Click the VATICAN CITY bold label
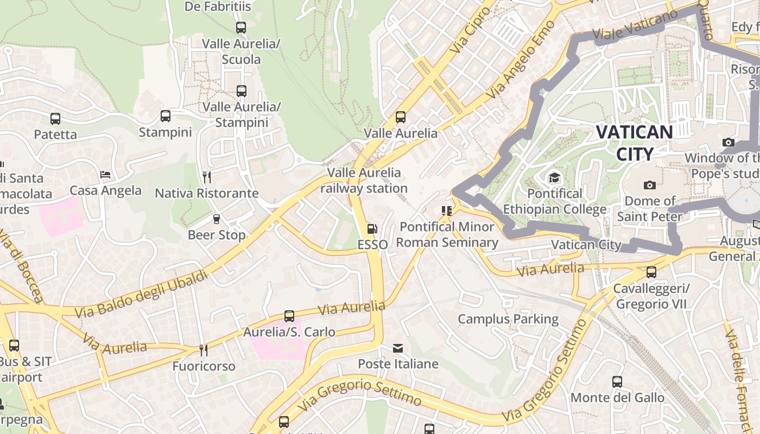pos(634,143)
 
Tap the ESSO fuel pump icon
pos(372,229)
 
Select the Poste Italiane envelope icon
pos(398,348)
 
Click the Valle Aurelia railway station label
pos(364,181)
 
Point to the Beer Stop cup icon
pos(217,219)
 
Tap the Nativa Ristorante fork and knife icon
pos(206,177)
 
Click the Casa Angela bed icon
pos(105,175)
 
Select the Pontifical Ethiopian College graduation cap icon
pos(554,178)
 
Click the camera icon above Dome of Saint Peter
pos(649,186)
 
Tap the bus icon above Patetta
pos(55,118)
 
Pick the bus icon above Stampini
pos(166,116)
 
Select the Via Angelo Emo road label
pos(521,60)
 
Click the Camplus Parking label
pos(508,319)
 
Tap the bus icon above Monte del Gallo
pos(617,382)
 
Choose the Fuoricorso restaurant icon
pos(204,350)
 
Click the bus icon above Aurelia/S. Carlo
pos(289,316)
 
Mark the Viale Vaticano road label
pos(635,25)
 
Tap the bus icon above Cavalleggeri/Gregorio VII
pos(651,272)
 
